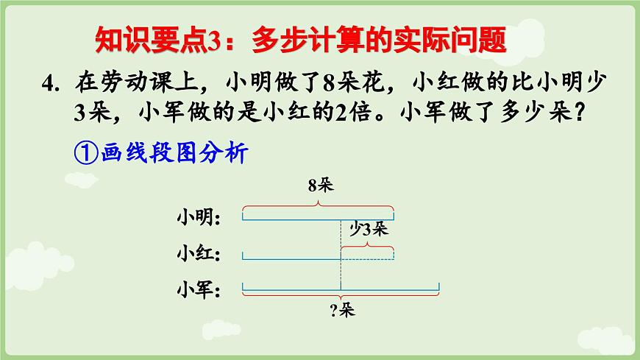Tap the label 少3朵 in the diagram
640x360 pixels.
[368, 230]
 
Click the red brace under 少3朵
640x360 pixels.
[367, 247]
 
